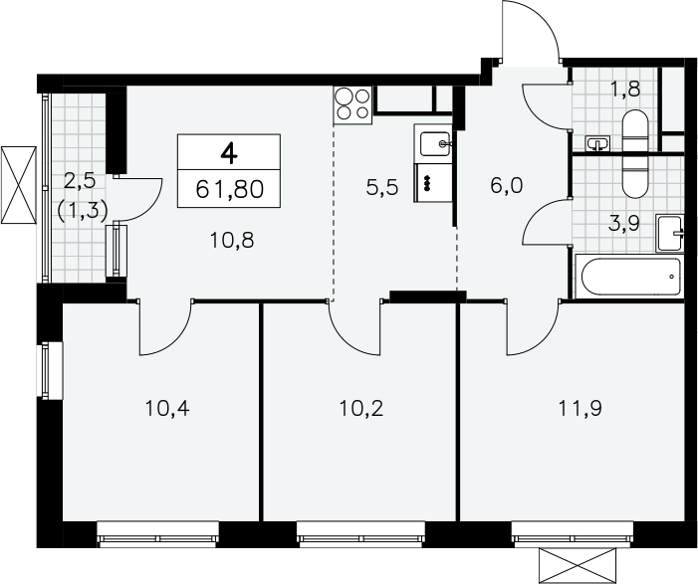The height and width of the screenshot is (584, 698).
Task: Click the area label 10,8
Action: [x=231, y=241]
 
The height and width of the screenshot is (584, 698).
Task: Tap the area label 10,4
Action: [x=167, y=408]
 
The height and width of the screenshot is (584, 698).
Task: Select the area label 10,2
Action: [x=361, y=408]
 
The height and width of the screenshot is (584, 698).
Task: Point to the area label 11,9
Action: [x=581, y=408]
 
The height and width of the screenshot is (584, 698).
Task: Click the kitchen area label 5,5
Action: [x=382, y=187]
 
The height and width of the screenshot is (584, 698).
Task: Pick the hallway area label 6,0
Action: [x=506, y=185]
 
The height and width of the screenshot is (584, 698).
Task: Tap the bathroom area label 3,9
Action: [x=624, y=224]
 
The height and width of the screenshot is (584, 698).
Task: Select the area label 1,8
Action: [x=625, y=89]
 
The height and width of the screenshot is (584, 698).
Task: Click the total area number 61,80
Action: [x=230, y=189]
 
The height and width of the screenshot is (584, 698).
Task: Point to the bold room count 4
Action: [x=229, y=154]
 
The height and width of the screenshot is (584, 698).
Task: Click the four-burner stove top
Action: [x=352, y=105]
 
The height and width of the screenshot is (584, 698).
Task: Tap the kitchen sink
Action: [x=435, y=143]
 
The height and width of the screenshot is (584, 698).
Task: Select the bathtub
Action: [x=630, y=276]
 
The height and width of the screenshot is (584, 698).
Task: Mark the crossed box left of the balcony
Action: [x=19, y=184]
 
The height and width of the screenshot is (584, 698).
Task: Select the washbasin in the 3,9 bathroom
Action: [x=669, y=233]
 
